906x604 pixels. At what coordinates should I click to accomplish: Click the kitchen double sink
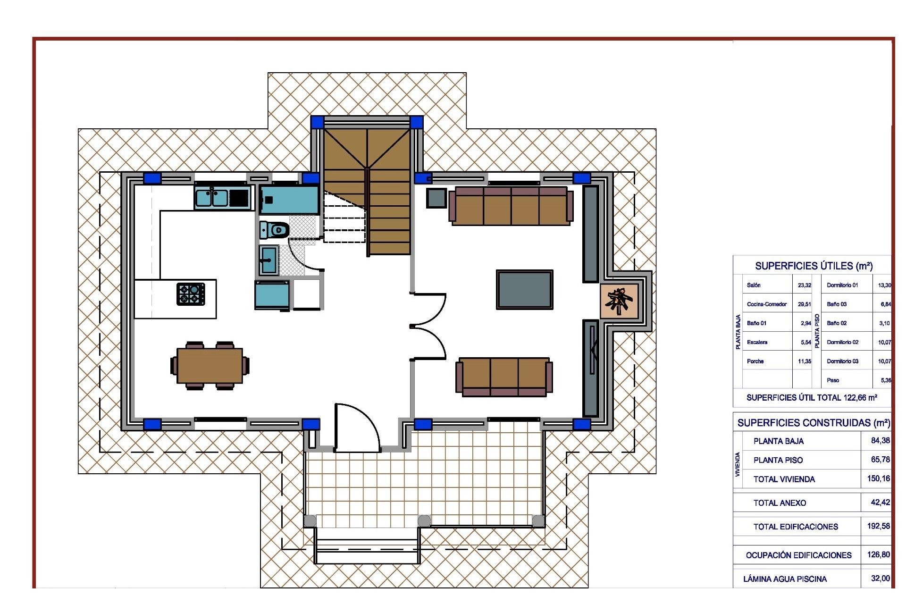(x=212, y=198)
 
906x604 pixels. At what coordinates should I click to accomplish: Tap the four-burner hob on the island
(x=191, y=294)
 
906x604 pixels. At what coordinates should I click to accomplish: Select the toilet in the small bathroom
(x=275, y=230)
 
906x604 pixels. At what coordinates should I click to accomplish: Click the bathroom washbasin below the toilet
(x=268, y=260)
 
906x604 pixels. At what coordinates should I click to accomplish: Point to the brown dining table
(x=210, y=366)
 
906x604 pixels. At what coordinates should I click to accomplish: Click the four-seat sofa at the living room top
(x=511, y=206)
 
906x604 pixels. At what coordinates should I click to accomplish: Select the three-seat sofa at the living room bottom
(x=504, y=376)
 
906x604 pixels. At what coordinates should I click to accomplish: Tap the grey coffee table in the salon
(x=524, y=290)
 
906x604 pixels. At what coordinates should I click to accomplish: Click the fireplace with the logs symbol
(x=620, y=301)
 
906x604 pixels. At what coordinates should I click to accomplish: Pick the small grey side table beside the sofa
(x=436, y=198)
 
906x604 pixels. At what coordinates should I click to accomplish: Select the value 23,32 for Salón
(x=804, y=285)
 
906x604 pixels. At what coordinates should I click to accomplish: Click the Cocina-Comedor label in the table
(x=766, y=304)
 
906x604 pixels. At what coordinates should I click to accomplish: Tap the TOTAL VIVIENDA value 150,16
(x=878, y=478)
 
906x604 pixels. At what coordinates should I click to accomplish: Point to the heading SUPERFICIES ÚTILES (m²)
(x=814, y=266)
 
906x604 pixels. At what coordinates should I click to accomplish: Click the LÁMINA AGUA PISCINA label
(x=785, y=579)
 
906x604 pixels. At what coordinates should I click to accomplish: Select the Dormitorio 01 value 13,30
(x=884, y=285)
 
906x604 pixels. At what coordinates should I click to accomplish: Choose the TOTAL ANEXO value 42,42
(x=880, y=503)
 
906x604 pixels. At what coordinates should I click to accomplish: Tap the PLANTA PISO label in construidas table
(x=778, y=460)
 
